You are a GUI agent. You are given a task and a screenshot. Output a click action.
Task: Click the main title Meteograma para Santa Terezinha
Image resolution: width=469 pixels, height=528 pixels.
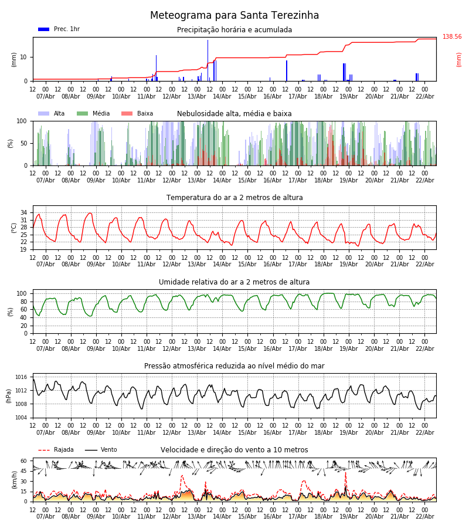[x=235, y=16]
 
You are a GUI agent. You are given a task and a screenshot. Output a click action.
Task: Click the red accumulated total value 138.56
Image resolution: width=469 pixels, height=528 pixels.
[x=452, y=37]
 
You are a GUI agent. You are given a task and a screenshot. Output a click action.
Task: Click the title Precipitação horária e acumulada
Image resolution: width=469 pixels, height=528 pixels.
[x=235, y=30]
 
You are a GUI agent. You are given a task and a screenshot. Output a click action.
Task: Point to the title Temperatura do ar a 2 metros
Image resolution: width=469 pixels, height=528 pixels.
[x=235, y=198]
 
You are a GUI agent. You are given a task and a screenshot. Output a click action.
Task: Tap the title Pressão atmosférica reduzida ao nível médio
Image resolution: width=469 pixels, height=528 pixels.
[x=235, y=366]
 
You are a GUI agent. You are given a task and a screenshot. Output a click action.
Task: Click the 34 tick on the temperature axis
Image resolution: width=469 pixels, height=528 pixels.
[x=24, y=212]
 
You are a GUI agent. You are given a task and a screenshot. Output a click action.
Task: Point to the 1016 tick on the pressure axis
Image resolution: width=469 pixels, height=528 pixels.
[x=21, y=377]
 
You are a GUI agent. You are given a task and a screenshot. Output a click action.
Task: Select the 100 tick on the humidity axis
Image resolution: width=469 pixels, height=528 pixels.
[x=22, y=293]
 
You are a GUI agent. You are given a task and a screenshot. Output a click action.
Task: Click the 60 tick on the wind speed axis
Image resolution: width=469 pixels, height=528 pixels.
[x=24, y=461]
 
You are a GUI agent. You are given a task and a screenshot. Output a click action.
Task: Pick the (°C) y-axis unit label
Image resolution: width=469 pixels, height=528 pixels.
[x=15, y=227]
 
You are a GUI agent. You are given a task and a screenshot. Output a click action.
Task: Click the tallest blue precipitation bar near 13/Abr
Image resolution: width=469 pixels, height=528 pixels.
[x=208, y=59]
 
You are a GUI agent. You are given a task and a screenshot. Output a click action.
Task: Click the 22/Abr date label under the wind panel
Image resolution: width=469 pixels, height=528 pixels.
[x=425, y=516]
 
